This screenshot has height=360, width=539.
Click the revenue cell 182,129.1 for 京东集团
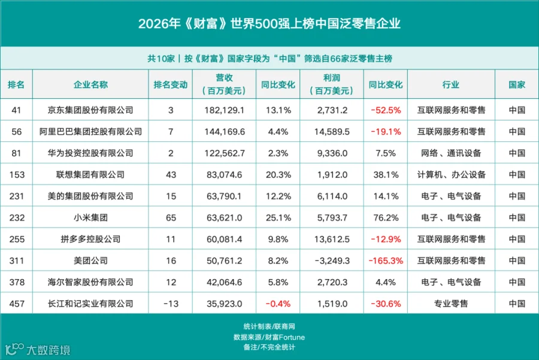pyautogui.click(x=224, y=110)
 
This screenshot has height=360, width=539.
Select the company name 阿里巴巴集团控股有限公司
pyautogui.click(x=90, y=132)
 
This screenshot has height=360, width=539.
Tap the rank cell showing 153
pyautogui.click(x=17, y=175)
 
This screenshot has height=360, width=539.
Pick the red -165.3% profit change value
pyautogui.click(x=386, y=261)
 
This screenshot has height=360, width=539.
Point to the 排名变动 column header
pyautogui.click(x=171, y=84)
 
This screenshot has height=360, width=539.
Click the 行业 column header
pyautogui.click(x=450, y=84)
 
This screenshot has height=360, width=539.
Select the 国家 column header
pyautogui.click(x=517, y=84)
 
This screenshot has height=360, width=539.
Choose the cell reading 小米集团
pyautogui.click(x=90, y=217)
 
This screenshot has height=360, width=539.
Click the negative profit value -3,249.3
pyautogui.click(x=332, y=261)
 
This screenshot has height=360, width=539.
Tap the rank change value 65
pyautogui.click(x=171, y=217)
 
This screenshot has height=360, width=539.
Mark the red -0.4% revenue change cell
pyautogui.click(x=278, y=304)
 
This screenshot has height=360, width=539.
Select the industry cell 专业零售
pyautogui.click(x=450, y=304)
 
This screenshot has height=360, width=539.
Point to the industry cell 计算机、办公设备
pyautogui.click(x=451, y=175)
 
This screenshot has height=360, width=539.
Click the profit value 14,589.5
pyautogui.click(x=332, y=132)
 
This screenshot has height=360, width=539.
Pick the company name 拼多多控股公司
pyautogui.click(x=90, y=240)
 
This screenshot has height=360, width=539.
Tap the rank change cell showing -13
pyautogui.click(x=171, y=304)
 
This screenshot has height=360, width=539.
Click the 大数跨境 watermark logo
pyautogui.click(x=38, y=349)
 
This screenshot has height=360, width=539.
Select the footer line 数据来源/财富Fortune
pyautogui.click(x=269, y=337)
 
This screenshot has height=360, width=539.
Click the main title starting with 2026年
pyautogui.click(x=269, y=24)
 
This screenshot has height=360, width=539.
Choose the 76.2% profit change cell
pyautogui.click(x=386, y=217)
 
